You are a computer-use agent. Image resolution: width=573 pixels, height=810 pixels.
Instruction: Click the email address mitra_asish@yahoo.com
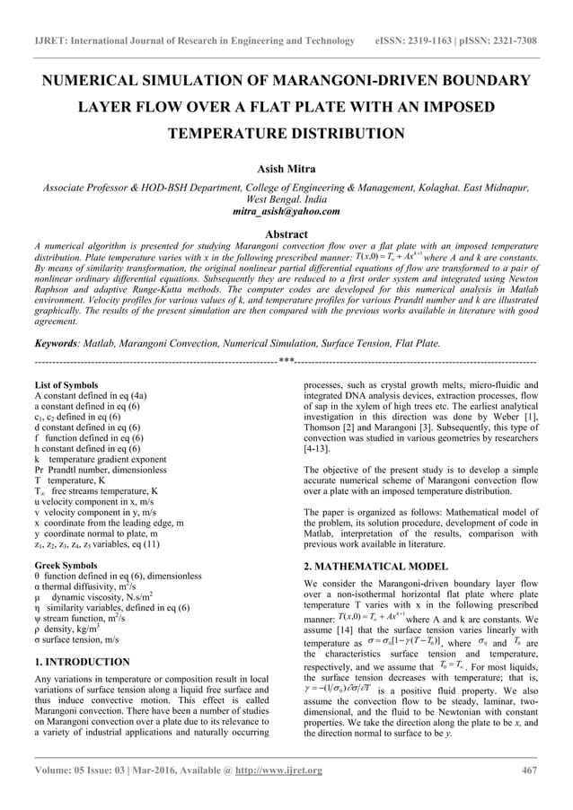click(286, 211)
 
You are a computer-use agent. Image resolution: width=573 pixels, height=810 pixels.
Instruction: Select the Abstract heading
click(286, 232)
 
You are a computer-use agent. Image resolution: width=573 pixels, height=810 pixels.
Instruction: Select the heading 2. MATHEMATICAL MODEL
click(375, 567)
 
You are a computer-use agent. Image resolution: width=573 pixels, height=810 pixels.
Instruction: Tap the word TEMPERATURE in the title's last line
click(229, 134)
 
